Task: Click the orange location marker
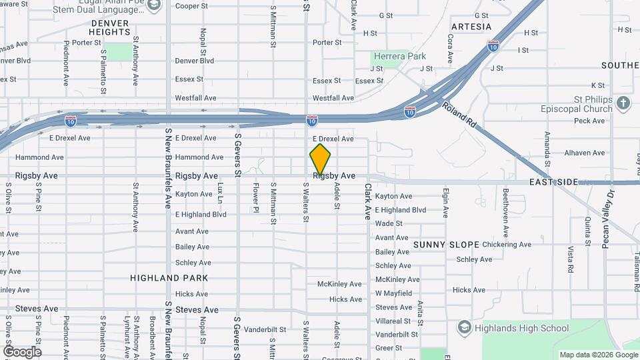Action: point(320,159)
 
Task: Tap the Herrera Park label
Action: point(399,57)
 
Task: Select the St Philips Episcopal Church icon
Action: point(623,103)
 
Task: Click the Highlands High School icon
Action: point(464,327)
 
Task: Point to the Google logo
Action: point(22,351)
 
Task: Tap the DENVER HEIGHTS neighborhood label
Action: point(109,27)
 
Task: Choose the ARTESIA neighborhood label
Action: point(471,27)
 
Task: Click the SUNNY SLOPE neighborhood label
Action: point(442,245)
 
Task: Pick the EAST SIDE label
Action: point(553,182)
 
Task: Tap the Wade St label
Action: point(389,224)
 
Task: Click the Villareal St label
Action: point(393,321)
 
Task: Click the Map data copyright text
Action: point(597,355)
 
